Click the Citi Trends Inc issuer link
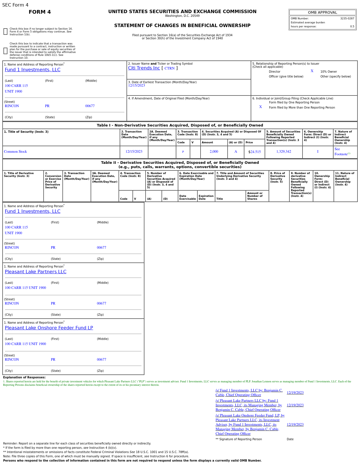tap(144, 68)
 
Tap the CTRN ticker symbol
tap(169, 68)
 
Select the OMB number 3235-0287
tap(347, 19)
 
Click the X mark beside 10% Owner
tap(312, 71)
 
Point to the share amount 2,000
tap(214, 152)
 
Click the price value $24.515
tap(255, 152)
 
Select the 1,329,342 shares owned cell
tap(284, 152)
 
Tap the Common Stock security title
tap(15, 152)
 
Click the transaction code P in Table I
tap(183, 152)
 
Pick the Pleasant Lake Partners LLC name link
tap(36, 272)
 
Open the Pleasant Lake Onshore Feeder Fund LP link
tap(49, 328)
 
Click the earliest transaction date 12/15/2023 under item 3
tap(136, 85)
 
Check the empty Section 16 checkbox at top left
tap(5, 32)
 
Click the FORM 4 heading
tap(40, 12)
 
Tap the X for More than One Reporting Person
tap(260, 107)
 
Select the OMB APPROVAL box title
tap(322, 13)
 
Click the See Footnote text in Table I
tap(341, 152)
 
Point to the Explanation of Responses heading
tap(24, 378)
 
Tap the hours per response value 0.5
tap(352, 26)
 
